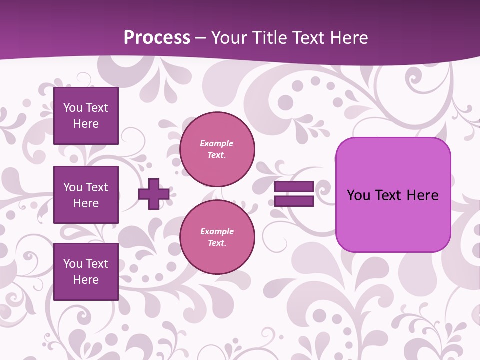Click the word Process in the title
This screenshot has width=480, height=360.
tap(157, 38)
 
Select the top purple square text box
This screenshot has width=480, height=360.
tap(86, 116)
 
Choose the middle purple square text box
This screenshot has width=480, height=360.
tap(86, 195)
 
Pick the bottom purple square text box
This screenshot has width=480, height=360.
tap(86, 272)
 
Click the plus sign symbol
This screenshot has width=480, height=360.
tap(154, 194)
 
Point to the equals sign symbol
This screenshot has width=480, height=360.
tap(294, 194)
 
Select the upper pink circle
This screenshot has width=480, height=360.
tap(217, 149)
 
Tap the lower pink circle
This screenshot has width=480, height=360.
tap(217, 237)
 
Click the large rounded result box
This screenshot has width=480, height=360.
tap(393, 194)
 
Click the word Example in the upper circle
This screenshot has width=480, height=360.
tap(216, 143)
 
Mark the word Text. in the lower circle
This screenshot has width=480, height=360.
tap(217, 243)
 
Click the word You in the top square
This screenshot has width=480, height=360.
tap(73, 108)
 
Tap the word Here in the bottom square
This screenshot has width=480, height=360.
tap(86, 280)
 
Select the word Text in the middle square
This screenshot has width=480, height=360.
tap(96, 187)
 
